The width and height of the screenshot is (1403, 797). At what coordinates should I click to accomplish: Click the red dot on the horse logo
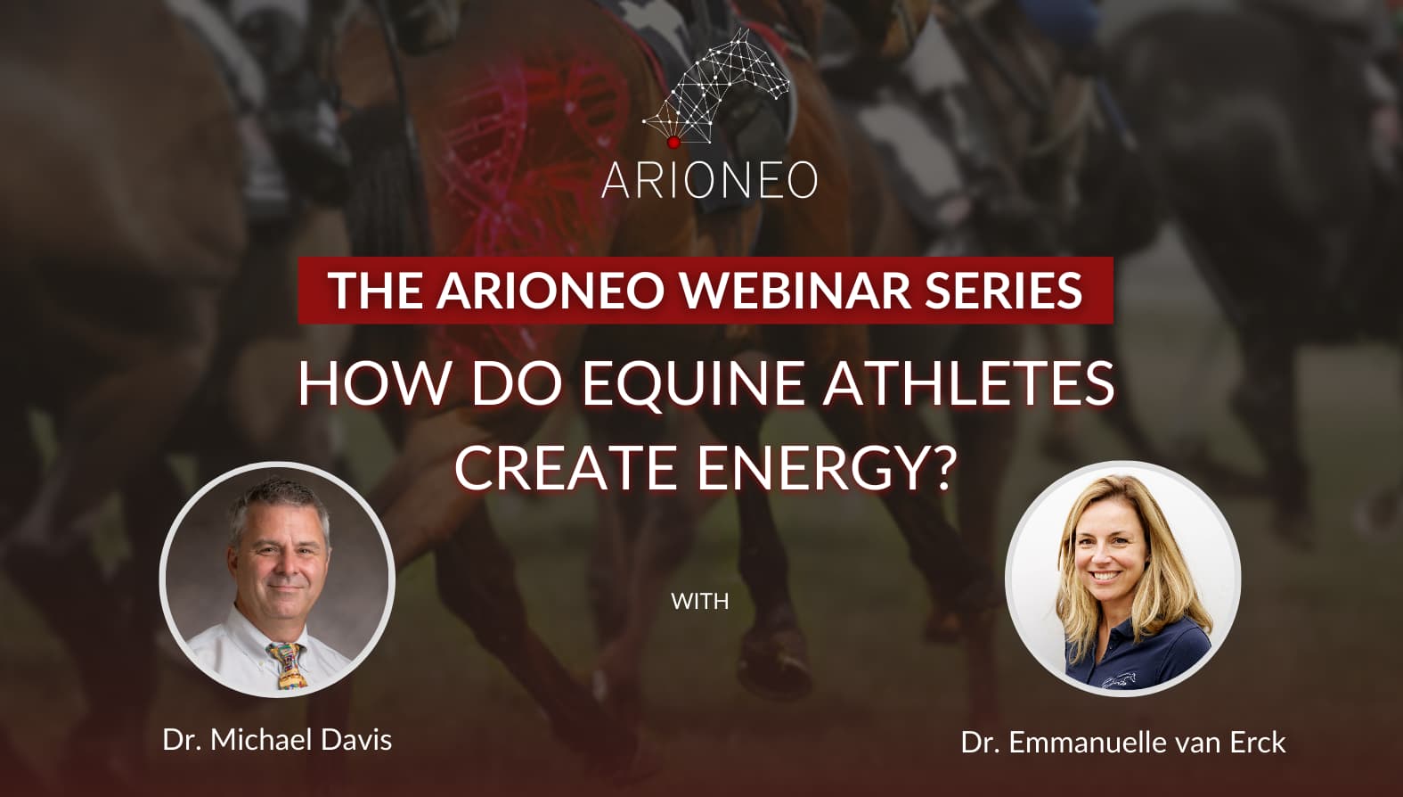[673, 143]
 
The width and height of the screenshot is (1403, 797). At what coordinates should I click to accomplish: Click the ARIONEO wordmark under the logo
[710, 180]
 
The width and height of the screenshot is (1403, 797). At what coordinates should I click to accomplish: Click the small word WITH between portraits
[699, 602]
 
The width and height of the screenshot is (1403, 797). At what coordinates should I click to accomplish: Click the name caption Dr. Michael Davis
[277, 740]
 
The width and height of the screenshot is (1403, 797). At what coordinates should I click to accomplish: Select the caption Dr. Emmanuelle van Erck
[1123, 743]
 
